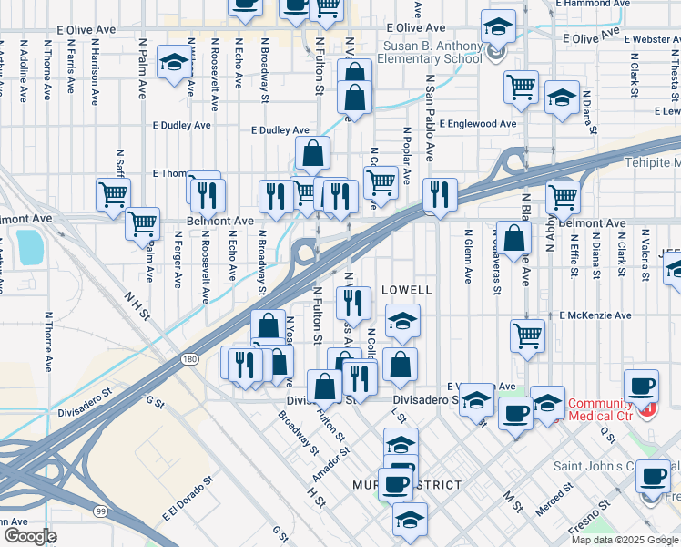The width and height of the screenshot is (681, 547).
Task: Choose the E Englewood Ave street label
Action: (477, 123)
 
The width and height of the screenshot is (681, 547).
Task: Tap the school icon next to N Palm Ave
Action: (173, 66)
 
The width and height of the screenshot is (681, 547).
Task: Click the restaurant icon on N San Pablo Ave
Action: (439, 194)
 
